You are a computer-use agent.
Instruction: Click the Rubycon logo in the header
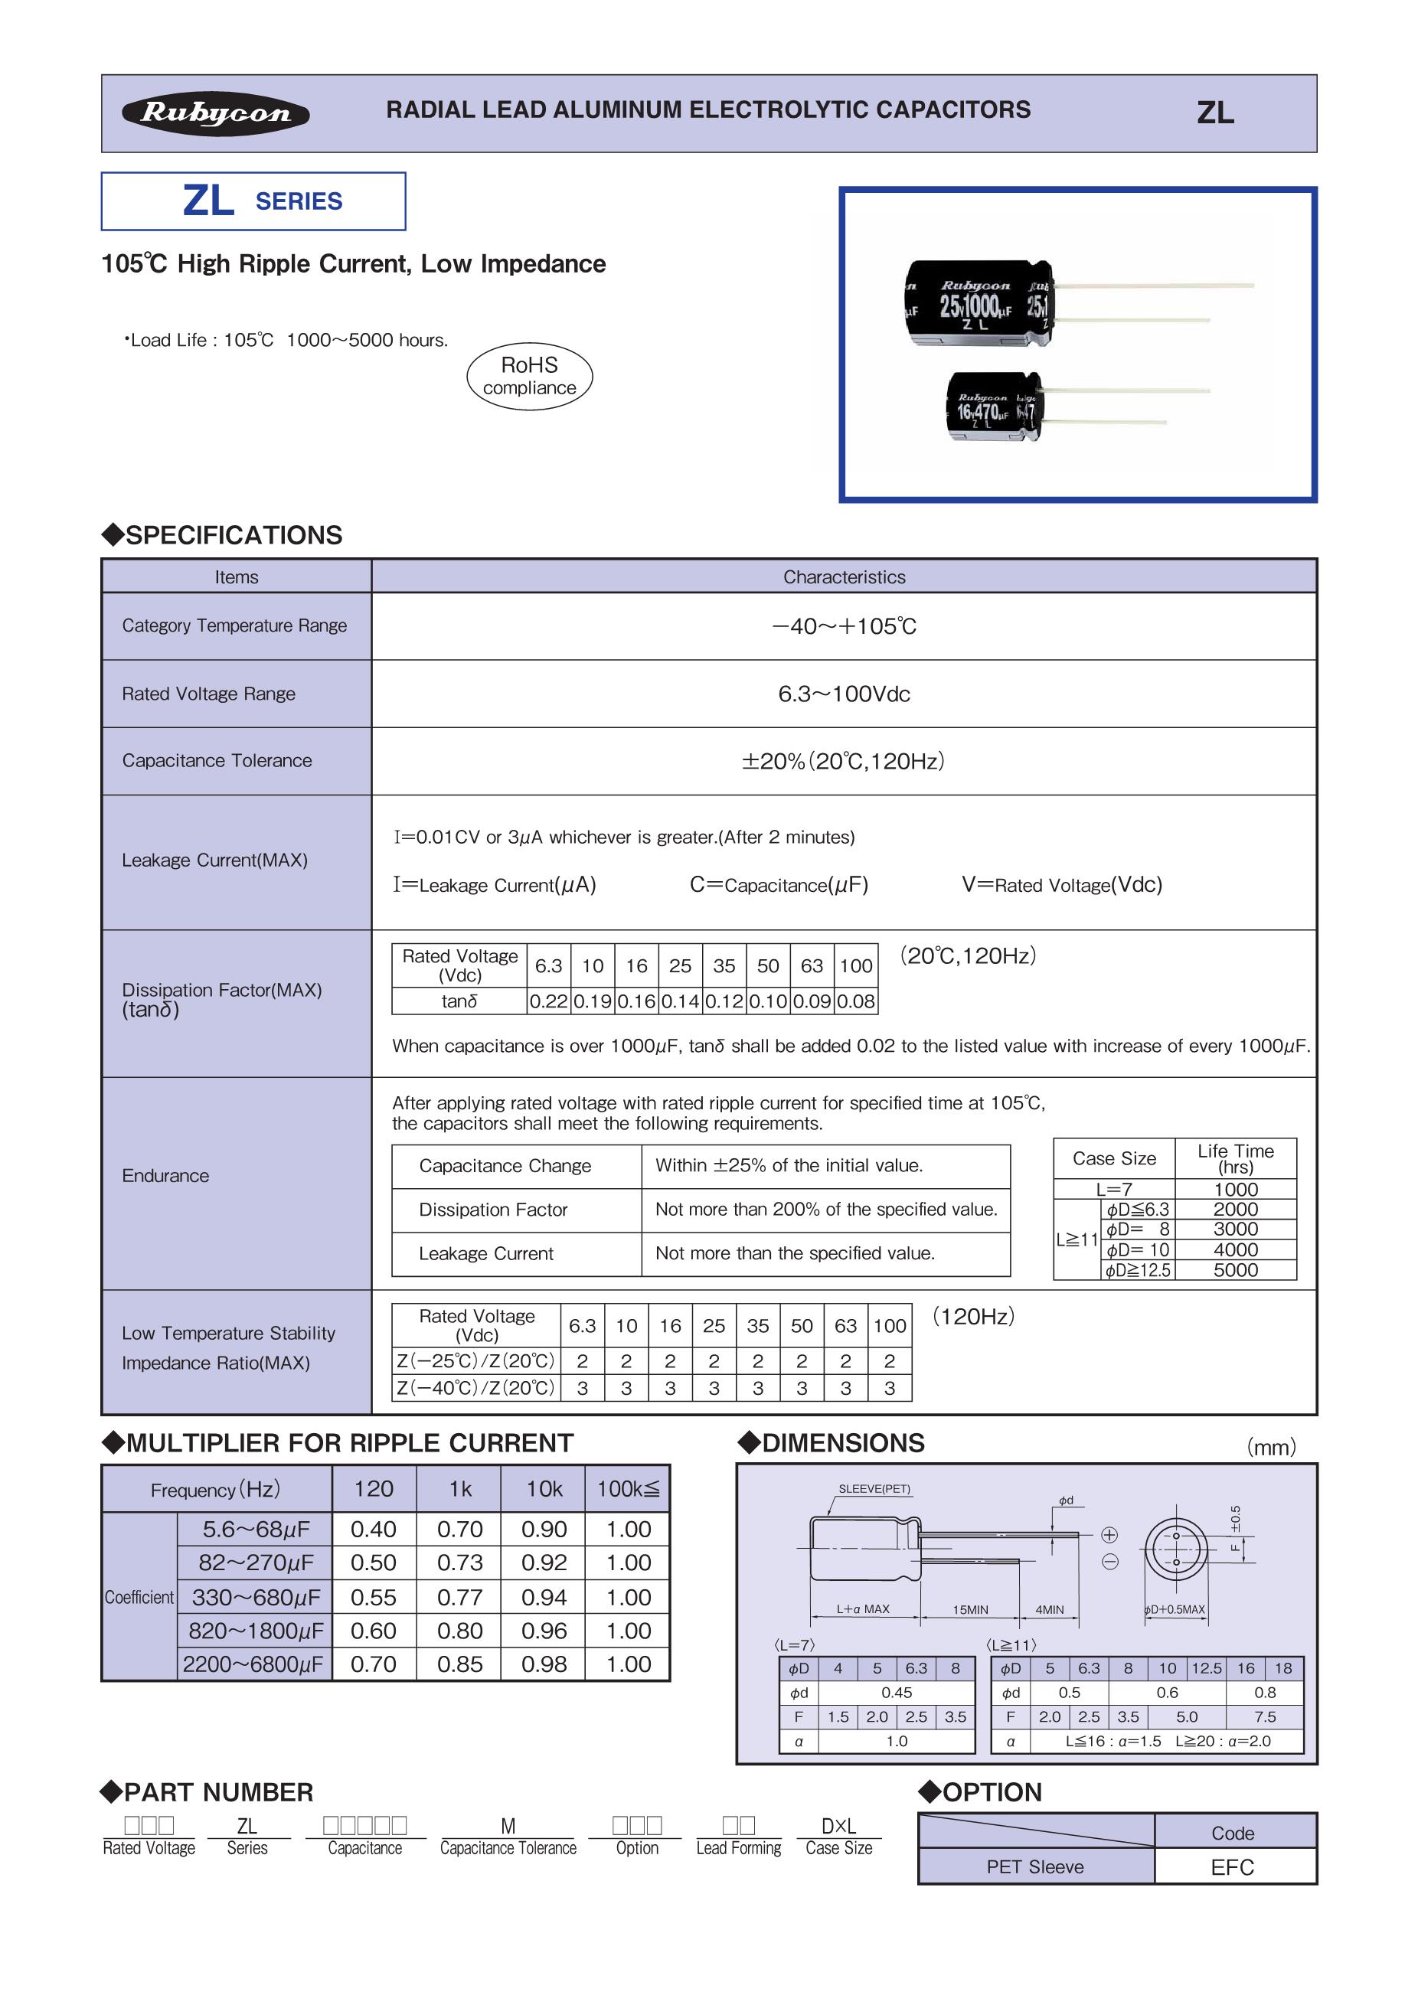(x=216, y=113)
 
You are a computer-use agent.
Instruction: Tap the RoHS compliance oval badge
(x=529, y=377)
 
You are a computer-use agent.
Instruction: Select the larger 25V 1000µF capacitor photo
(x=980, y=302)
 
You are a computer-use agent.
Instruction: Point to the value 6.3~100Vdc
(x=844, y=694)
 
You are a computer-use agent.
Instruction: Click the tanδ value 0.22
(x=548, y=1001)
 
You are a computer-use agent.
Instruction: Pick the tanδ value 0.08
(x=856, y=1001)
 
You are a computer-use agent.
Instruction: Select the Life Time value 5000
(x=1236, y=1270)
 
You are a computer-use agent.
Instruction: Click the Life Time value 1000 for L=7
(x=1236, y=1190)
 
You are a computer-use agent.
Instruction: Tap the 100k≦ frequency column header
(x=628, y=1489)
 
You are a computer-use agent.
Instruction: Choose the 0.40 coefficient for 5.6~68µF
(x=374, y=1529)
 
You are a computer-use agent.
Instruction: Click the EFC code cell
(x=1232, y=1867)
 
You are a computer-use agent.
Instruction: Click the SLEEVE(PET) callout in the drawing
(x=874, y=1489)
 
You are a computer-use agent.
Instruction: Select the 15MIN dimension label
(x=970, y=1609)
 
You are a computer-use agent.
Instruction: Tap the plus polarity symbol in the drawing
(x=1109, y=1534)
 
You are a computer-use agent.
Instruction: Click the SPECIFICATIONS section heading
(x=233, y=535)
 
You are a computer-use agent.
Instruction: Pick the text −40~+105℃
(x=844, y=626)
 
